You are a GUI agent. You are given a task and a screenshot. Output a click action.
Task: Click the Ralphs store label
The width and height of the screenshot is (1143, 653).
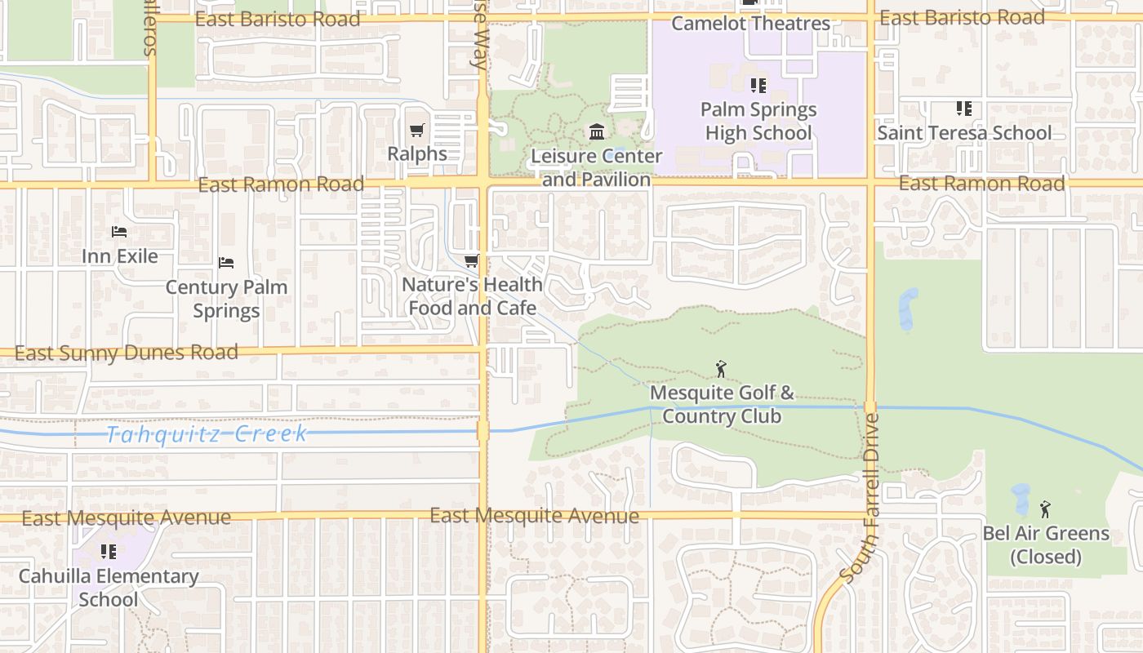click(x=417, y=153)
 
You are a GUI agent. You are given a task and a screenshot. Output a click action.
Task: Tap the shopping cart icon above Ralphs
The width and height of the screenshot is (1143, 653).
click(x=417, y=130)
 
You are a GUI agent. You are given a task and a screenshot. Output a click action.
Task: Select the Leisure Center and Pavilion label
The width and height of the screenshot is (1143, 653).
click(x=596, y=167)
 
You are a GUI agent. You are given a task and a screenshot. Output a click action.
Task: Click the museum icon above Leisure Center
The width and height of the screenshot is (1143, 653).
click(x=597, y=131)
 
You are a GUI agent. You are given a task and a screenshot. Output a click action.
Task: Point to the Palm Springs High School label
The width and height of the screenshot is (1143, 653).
click(x=758, y=121)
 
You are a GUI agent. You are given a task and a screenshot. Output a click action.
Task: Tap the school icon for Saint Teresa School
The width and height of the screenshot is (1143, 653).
click(x=964, y=109)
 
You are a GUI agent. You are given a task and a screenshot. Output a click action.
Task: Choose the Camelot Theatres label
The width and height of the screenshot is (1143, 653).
click(x=750, y=24)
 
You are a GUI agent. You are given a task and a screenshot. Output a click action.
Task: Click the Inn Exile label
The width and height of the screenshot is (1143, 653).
click(x=120, y=256)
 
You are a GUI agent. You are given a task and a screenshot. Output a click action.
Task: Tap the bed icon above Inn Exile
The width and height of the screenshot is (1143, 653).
click(x=119, y=232)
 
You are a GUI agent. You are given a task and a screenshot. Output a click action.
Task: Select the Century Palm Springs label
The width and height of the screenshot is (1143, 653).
click(x=226, y=299)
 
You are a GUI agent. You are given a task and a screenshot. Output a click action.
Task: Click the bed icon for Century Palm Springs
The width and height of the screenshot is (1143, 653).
click(x=226, y=263)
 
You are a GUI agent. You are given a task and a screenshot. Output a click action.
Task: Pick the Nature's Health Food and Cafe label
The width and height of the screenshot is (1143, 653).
click(x=472, y=296)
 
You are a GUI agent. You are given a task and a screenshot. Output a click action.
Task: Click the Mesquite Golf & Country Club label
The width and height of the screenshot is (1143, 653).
click(x=722, y=405)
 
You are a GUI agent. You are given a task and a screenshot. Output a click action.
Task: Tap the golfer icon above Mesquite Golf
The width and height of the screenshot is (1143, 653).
click(x=720, y=369)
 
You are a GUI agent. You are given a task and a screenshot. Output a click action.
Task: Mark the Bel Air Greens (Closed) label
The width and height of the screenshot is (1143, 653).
click(x=1046, y=545)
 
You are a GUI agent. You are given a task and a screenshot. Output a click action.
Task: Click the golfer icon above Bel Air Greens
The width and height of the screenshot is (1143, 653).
click(x=1045, y=509)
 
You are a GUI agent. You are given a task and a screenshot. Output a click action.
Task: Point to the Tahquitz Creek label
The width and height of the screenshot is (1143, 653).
click(x=207, y=434)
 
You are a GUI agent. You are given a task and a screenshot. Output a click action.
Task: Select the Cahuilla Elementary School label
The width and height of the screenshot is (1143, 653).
click(x=109, y=588)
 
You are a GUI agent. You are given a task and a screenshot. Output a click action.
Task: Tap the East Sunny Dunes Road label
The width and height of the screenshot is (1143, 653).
click(x=127, y=353)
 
